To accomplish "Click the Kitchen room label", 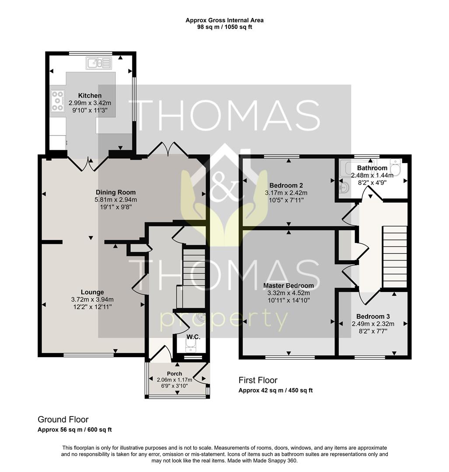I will pyautogui.click(x=90, y=96).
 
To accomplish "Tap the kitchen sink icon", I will pyautogui.click(x=100, y=63).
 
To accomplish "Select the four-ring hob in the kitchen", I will pyautogui.click(x=58, y=101).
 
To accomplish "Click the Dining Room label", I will pyautogui.click(x=116, y=192).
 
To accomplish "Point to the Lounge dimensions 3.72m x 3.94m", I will pyautogui.click(x=92, y=299).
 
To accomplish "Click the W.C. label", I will pyautogui.click(x=193, y=337).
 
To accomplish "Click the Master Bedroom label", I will pyautogui.click(x=288, y=286).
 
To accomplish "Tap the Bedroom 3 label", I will pyautogui.click(x=373, y=316).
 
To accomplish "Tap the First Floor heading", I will pyautogui.click(x=258, y=380).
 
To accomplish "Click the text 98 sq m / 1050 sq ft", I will pyautogui.click(x=225, y=27).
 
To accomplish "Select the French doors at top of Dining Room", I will pyautogui.click(x=168, y=149).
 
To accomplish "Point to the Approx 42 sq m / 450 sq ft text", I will pyautogui.click(x=275, y=390).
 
